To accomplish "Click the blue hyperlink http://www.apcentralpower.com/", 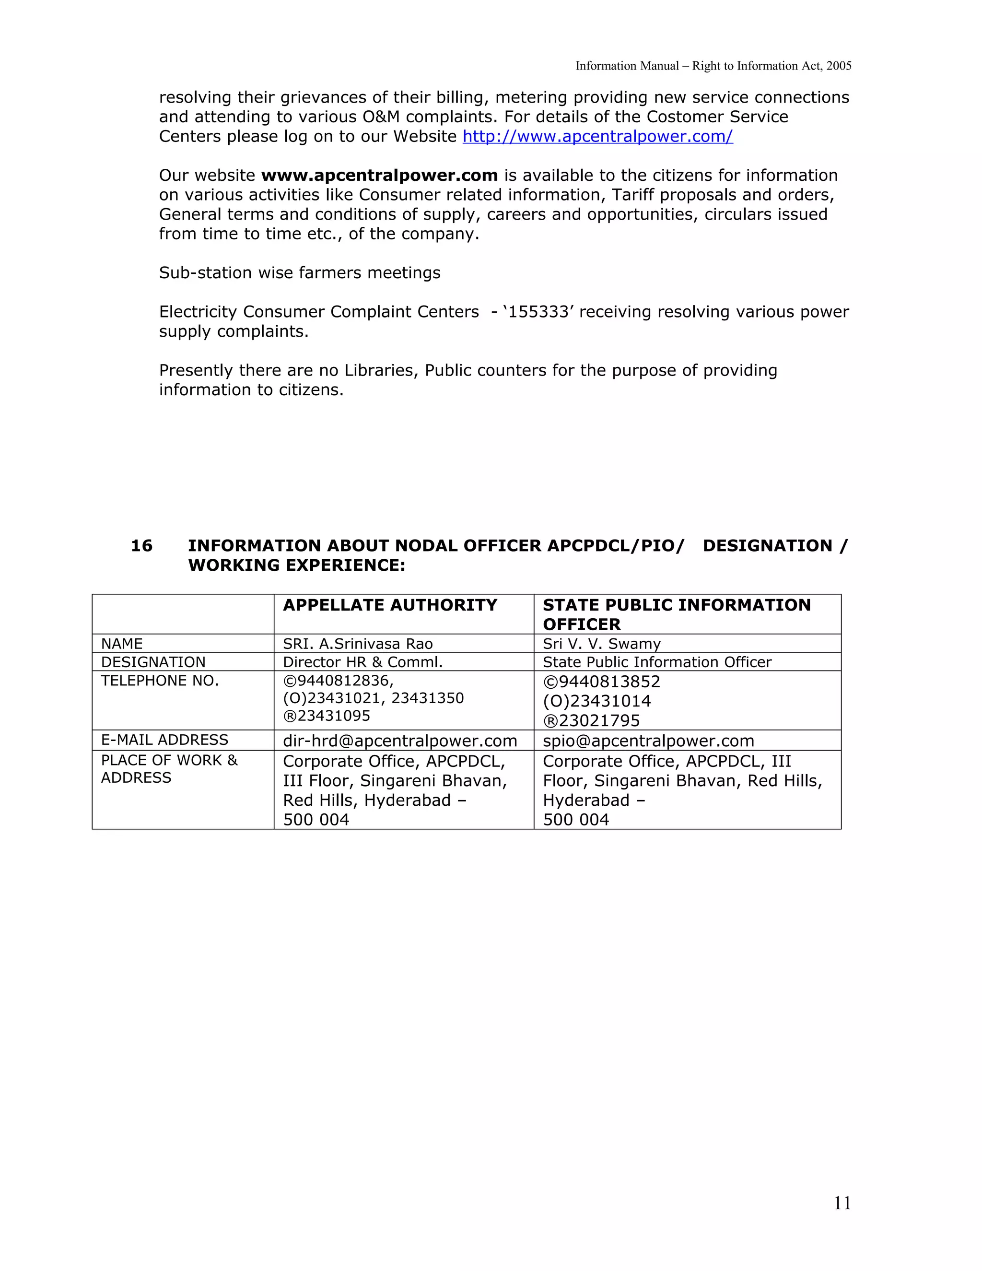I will [x=597, y=137].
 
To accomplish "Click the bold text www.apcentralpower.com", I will [x=379, y=176].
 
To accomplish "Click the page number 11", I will [x=842, y=1203].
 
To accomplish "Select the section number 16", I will [x=141, y=546].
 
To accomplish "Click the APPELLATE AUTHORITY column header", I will [x=390, y=605].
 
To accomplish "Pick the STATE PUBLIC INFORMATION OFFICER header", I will [x=676, y=614].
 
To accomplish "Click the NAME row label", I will [x=122, y=644].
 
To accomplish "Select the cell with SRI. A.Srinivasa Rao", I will [x=358, y=644].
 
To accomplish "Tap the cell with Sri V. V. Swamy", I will [x=602, y=644].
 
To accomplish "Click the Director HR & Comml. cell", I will [x=362, y=662].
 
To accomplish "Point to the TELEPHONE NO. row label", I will [x=160, y=681].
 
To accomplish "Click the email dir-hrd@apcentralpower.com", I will [x=400, y=741].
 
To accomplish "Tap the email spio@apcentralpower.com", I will [x=648, y=741].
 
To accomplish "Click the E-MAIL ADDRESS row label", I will [x=164, y=740].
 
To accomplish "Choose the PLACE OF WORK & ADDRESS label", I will [x=169, y=769].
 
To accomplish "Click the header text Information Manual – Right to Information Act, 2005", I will [x=713, y=66].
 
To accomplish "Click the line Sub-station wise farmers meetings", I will [x=300, y=273].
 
